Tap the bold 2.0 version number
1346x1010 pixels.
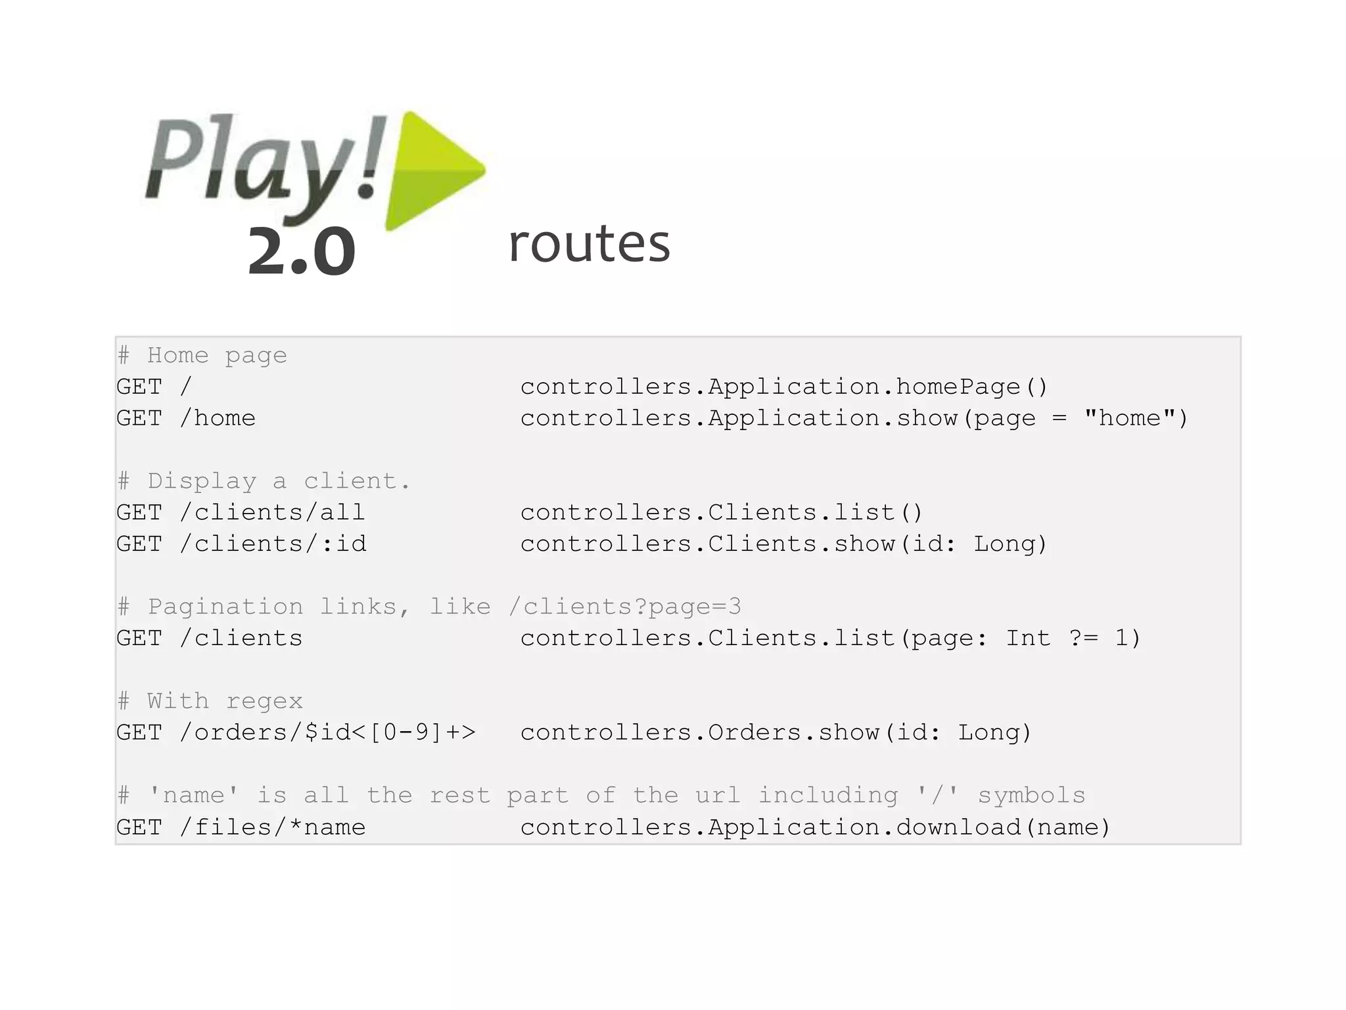302,251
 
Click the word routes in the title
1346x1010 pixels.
589,243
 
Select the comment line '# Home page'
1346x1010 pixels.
202,356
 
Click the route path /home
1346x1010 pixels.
218,418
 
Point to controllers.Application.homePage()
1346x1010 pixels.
783,387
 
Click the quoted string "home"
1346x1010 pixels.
1129,418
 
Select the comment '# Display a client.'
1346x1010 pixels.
264,481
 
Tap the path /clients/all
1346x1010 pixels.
272,512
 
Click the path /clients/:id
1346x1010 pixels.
273,544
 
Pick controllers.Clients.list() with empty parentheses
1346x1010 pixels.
722,512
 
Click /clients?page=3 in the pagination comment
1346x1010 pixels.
625,606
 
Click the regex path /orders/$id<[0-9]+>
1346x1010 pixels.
327,733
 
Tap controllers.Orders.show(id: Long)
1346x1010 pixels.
776,733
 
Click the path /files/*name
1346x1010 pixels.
272,827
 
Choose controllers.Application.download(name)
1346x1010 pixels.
815,827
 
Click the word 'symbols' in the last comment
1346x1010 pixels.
1031,796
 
